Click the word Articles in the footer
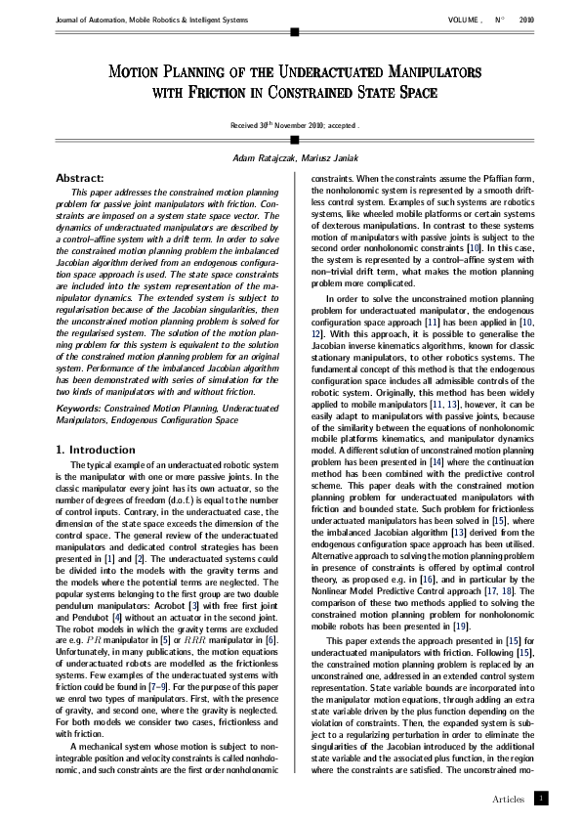coord(509,798)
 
